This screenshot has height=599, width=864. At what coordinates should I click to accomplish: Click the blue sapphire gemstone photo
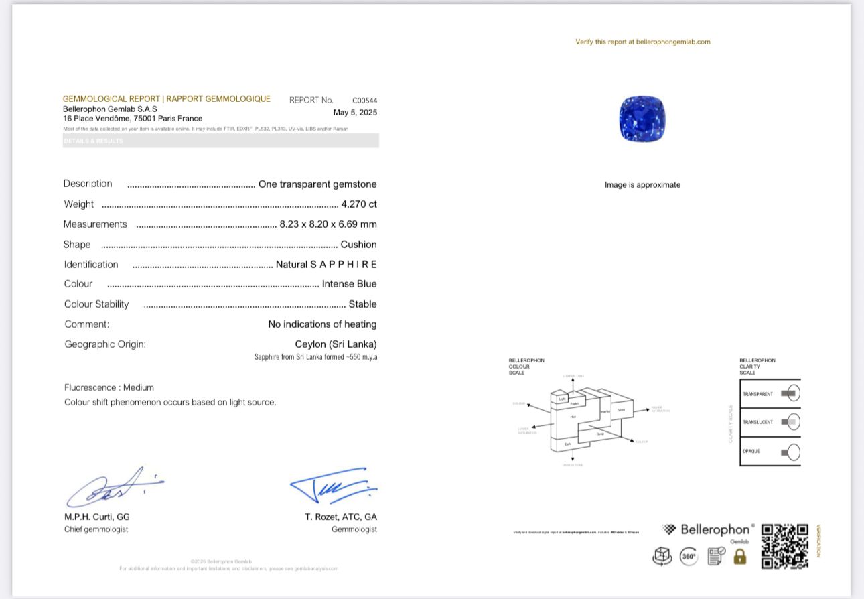642,119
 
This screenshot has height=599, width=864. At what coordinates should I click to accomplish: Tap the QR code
785,546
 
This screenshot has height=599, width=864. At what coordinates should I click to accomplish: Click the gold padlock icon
739,556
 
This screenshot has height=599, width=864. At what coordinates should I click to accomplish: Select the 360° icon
689,556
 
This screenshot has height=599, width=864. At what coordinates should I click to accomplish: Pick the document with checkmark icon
716,556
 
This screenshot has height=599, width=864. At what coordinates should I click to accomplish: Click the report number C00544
364,101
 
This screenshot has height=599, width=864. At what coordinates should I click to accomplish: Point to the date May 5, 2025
355,113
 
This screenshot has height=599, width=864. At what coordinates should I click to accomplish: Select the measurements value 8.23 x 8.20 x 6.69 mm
328,224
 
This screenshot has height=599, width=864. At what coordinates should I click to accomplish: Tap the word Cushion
358,245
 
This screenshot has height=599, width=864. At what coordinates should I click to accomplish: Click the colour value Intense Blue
349,284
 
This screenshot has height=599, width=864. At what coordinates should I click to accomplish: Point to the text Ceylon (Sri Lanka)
336,344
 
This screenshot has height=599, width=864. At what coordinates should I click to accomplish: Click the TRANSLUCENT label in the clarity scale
758,422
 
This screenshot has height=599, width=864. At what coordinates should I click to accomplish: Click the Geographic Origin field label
105,344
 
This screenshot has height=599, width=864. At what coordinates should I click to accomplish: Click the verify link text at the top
642,42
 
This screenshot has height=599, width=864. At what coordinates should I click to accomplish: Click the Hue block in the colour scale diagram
573,417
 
